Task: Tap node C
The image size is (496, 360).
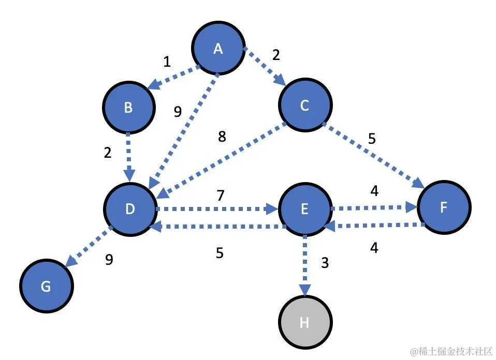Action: coord(305,106)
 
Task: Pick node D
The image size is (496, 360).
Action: coord(130,208)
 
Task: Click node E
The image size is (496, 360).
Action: coord(304,208)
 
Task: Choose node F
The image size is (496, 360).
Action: coord(444,207)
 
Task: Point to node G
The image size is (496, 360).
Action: coord(46,286)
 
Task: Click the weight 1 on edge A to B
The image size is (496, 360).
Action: coord(167,62)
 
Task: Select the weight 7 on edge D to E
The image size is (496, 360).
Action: coord(221,196)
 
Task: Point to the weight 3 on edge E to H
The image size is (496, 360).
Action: coord(325,263)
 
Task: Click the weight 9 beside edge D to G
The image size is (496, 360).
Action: coord(109,260)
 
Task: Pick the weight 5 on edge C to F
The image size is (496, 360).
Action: coord(372,139)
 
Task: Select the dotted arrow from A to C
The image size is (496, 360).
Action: coord(264,67)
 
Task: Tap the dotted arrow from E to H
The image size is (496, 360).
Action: coord(305,264)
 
